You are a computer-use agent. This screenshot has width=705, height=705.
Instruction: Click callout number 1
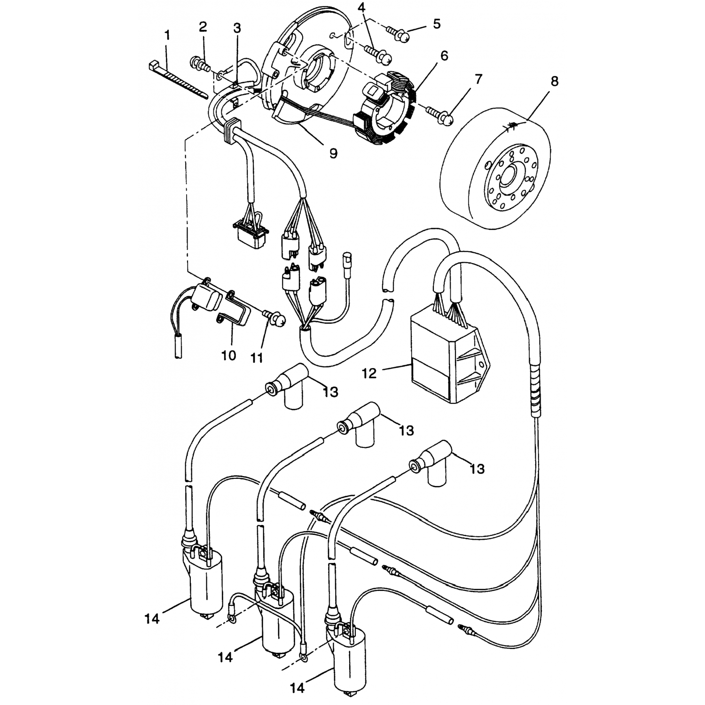point(167,35)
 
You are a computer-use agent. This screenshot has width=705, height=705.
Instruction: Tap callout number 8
point(554,81)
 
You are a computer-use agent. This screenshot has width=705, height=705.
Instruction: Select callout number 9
point(333,153)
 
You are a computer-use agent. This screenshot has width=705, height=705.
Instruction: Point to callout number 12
point(369,374)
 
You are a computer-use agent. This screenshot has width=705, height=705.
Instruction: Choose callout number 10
point(228,355)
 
